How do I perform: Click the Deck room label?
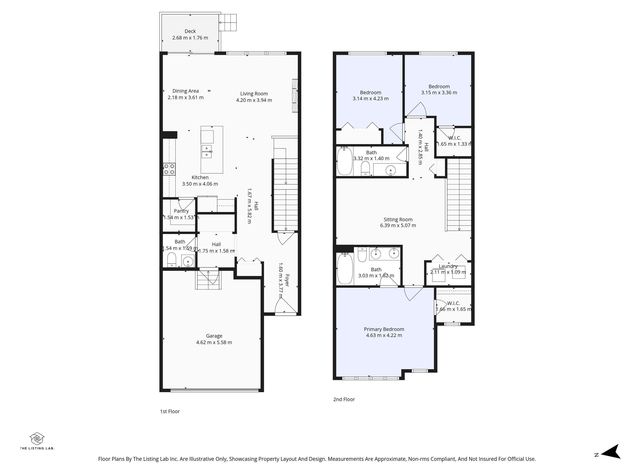point(190,31)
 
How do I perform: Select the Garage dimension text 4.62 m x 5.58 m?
point(214,342)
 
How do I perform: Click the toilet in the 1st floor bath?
point(171,259)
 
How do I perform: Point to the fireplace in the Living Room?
point(295,96)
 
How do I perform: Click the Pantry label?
point(181,211)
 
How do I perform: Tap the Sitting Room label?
point(398,220)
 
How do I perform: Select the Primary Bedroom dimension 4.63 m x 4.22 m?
point(384,335)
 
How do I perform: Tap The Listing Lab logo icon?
point(37,439)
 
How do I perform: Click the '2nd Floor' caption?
point(344,399)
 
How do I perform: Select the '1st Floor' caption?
point(170,412)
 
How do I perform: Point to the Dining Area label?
point(186,91)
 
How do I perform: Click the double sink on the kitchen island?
point(207,152)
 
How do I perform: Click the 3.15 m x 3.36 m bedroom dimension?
point(439,93)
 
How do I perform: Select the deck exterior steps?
point(228,23)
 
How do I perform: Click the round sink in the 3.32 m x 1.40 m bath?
point(390,171)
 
